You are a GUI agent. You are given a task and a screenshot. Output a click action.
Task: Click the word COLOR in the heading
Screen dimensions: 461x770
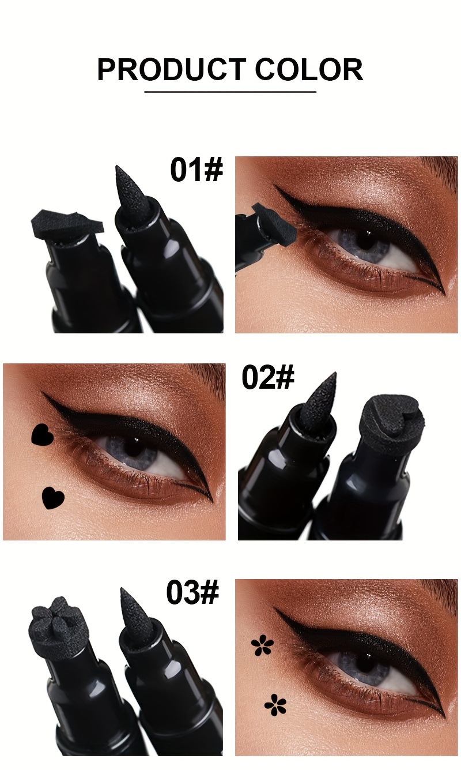309,70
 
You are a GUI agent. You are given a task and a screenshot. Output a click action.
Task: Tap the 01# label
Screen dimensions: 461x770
197,169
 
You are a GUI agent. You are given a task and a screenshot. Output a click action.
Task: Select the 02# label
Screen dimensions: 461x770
268,377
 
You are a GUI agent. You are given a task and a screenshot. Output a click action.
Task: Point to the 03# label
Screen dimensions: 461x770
192,592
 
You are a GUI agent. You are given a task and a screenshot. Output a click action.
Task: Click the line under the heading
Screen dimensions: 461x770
230,92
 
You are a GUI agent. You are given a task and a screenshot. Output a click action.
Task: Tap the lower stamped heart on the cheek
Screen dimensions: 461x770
53,497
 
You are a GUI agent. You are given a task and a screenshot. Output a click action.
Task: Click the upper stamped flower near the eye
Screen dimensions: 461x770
262,645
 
